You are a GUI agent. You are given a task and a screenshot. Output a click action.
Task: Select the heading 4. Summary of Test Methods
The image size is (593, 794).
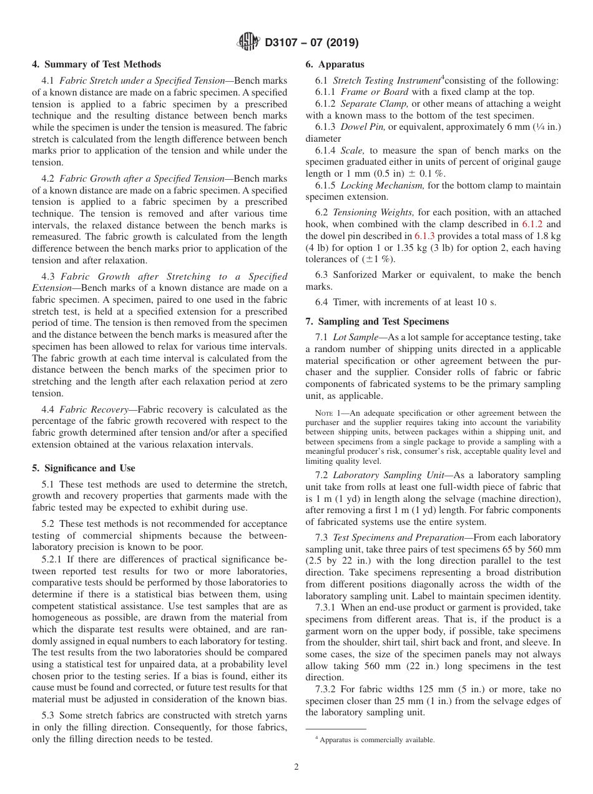(x=96, y=64)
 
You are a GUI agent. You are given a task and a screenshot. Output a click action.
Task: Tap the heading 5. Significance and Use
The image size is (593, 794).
(x=83, y=468)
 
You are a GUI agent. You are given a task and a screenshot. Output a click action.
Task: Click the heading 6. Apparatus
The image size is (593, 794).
(x=335, y=64)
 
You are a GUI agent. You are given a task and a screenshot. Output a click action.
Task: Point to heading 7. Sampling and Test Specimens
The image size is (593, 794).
(x=377, y=321)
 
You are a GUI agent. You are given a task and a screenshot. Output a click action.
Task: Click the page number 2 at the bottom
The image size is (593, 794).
(x=296, y=767)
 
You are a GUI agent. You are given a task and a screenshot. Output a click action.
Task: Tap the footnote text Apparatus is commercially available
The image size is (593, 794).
(x=376, y=740)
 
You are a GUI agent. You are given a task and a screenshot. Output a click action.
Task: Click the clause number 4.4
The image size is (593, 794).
(x=50, y=409)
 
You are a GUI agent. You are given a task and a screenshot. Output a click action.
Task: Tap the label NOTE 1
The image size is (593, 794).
(x=328, y=413)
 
